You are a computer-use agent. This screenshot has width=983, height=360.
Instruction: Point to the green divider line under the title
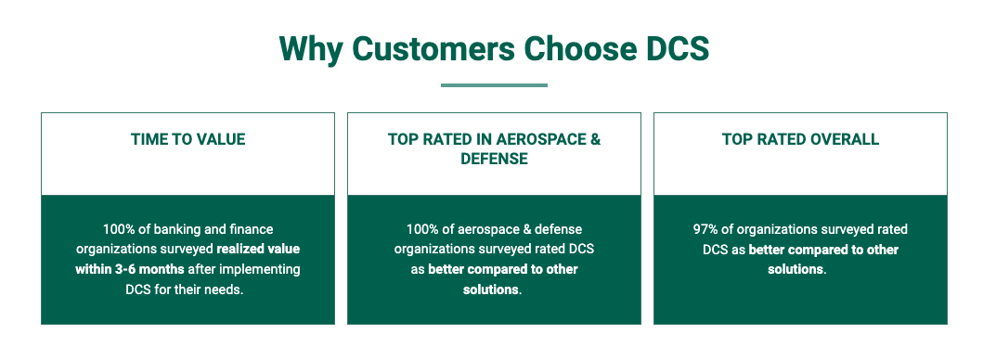pos(494,85)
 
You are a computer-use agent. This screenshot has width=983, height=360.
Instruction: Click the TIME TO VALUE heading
pos(188,139)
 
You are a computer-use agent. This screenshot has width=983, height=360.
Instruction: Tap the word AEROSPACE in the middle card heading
pos(538,139)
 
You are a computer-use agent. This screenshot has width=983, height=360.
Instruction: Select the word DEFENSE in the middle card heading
pos(494,159)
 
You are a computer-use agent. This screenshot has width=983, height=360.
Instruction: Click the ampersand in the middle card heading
pos(594,139)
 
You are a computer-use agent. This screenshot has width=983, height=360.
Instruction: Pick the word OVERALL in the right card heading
pos(844,139)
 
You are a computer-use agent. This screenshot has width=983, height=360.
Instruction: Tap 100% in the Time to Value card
pos(117,229)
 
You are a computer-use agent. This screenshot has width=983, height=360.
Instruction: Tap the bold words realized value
pos(258,250)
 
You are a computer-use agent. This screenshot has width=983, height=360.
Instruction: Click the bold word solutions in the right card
pos(795,270)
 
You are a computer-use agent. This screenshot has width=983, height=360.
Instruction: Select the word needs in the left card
pos(226,290)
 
